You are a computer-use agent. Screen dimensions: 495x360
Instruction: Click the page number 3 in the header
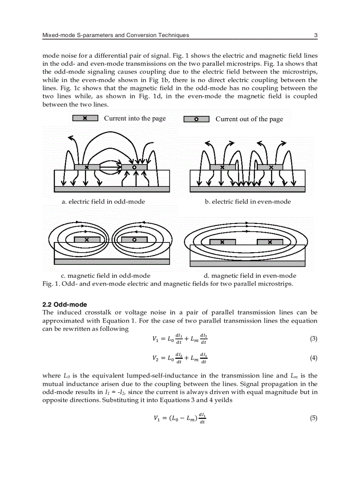315,35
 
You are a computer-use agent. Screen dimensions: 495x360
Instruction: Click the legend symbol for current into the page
85,118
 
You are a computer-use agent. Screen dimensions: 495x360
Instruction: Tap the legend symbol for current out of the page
196,119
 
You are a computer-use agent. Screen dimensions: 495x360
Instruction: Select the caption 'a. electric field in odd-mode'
103,201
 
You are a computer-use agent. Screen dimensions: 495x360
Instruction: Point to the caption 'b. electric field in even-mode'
247,201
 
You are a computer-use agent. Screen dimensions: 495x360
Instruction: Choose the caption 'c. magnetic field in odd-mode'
105,275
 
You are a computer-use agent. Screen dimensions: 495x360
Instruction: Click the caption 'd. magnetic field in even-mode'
247,275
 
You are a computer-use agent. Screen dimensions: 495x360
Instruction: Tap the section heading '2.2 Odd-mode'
64,305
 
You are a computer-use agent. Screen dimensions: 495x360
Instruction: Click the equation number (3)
313,339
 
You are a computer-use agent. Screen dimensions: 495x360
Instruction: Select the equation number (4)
313,358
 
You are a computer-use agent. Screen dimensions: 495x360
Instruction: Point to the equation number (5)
313,418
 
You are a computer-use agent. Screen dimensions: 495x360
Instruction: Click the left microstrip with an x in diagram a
86,167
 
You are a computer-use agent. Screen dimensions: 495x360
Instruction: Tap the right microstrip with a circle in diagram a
134,167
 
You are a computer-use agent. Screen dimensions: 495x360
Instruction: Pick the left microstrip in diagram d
222,242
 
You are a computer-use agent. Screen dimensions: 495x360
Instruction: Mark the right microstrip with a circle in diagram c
134,240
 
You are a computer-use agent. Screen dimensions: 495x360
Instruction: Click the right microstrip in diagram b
270,167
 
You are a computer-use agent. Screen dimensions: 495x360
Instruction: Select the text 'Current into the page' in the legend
135,118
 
